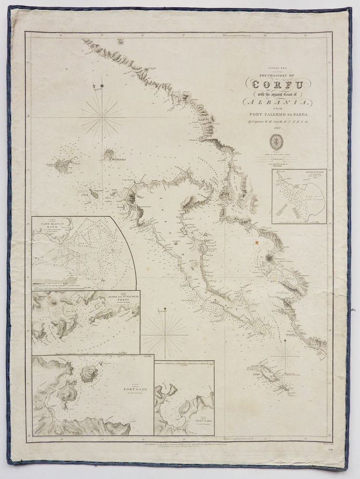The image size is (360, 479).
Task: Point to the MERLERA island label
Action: [x=116, y=160]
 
